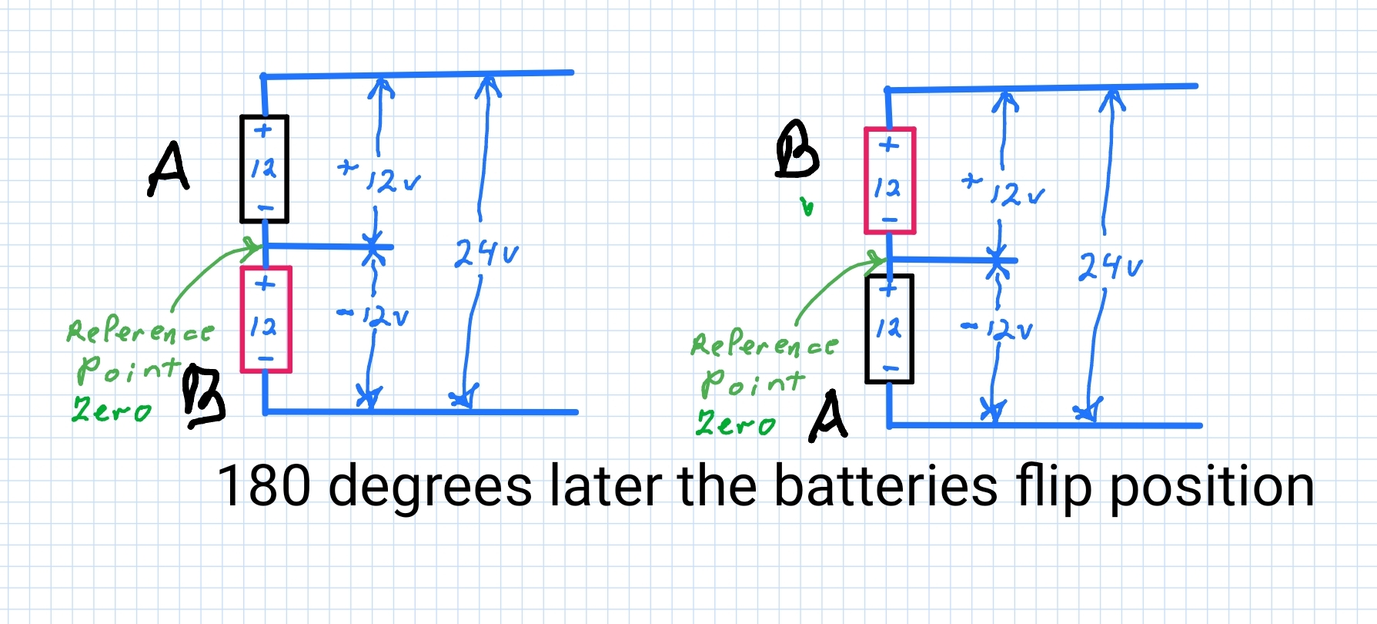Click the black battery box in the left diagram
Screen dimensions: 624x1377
(x=264, y=169)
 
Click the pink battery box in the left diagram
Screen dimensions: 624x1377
(x=266, y=320)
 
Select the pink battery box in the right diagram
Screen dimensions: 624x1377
(x=890, y=181)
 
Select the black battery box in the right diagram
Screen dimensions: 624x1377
(x=889, y=329)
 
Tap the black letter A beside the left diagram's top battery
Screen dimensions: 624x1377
(x=169, y=169)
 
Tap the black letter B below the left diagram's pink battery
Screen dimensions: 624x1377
(x=204, y=397)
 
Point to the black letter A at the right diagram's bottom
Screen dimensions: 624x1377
(x=828, y=416)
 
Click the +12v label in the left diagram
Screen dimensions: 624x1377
(x=379, y=177)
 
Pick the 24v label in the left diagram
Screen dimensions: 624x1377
(x=486, y=253)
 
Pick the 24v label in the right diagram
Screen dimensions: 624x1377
(x=1110, y=267)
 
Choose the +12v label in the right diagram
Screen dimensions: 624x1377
(x=1004, y=190)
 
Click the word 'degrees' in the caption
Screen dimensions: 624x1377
(x=430, y=487)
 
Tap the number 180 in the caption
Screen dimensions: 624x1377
(x=264, y=485)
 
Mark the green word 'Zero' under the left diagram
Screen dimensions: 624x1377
(x=112, y=410)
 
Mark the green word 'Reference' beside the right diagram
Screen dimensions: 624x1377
(x=764, y=345)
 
